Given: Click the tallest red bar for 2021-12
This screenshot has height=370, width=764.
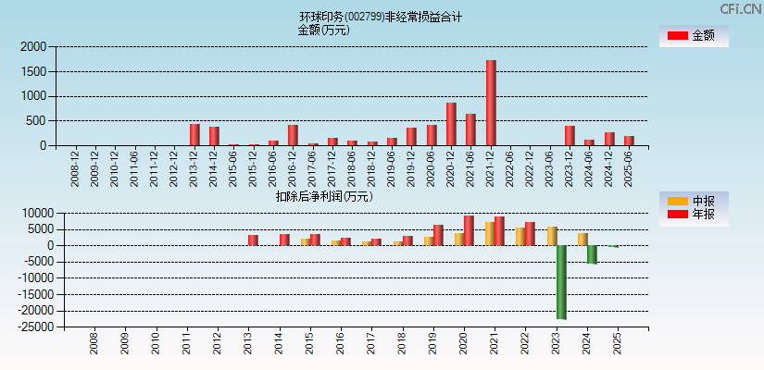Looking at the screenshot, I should point(491,103).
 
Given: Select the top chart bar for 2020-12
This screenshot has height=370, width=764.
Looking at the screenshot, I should point(451,124).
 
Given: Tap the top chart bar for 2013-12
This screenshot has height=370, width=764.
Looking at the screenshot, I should point(194,134).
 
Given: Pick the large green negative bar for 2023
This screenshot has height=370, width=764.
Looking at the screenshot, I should point(561,282).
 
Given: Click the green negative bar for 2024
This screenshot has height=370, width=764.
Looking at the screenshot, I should point(592,254).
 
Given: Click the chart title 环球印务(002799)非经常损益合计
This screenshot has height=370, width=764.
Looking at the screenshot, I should point(381,17).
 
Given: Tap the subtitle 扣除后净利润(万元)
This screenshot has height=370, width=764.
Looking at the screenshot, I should point(323,196).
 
